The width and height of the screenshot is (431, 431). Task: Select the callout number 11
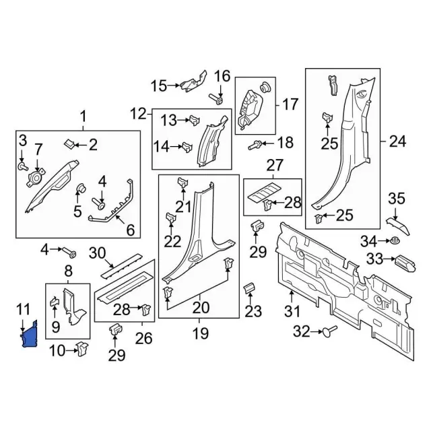coord(24,310)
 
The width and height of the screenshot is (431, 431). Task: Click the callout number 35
coord(396,198)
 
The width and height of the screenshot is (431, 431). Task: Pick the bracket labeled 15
coord(191,84)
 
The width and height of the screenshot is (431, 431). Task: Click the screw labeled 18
coord(256,143)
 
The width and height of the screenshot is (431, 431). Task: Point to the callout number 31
coord(292,312)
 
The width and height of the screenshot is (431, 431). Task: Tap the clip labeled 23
coord(248,290)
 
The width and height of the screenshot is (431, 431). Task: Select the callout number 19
coord(201,333)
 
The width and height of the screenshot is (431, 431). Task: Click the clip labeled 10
coord(81,348)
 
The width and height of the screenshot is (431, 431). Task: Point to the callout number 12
coord(138,113)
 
